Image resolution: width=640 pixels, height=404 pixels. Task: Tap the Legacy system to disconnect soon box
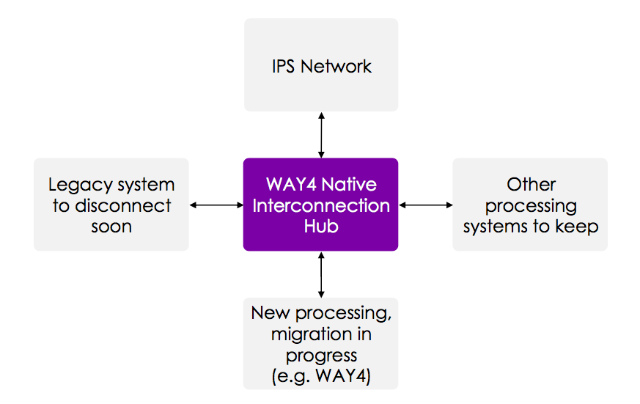pyautogui.click(x=111, y=205)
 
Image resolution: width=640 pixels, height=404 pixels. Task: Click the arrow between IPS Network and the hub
pyautogui.click(x=320, y=135)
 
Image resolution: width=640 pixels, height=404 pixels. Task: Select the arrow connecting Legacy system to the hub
pyautogui.click(x=216, y=205)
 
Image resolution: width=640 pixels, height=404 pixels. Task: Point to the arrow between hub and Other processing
pyautogui.click(x=425, y=205)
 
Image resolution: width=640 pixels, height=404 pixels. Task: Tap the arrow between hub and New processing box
pyautogui.click(x=320, y=274)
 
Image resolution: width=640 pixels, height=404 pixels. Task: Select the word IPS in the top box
pyautogui.click(x=284, y=67)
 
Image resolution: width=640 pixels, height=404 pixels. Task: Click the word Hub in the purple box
pyautogui.click(x=321, y=226)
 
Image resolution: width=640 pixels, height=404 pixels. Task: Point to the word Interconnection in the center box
pyautogui.click(x=321, y=205)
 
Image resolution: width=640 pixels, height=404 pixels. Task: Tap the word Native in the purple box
pyautogui.click(x=350, y=184)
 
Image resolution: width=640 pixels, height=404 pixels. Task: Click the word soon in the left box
pyautogui.click(x=111, y=226)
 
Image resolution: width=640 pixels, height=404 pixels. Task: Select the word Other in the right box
pyautogui.click(x=531, y=185)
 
